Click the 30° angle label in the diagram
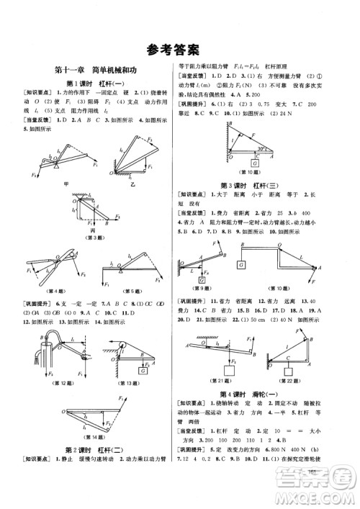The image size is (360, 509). (263, 149)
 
